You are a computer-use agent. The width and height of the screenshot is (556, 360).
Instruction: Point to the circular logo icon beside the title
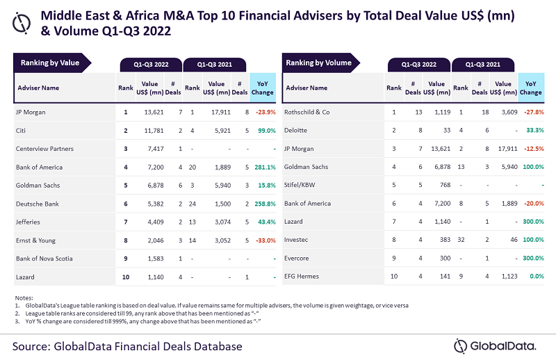click(x=24, y=22)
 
